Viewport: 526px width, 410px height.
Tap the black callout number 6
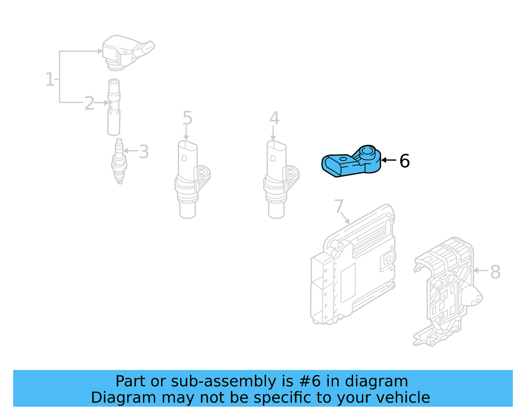404,161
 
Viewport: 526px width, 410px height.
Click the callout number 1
50,79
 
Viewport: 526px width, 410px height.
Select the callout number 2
89,103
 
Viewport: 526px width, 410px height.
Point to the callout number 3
144,152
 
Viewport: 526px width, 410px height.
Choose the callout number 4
274,118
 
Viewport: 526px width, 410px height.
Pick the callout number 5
187,118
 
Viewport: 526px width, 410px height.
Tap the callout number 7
339,206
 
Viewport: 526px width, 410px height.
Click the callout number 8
495,272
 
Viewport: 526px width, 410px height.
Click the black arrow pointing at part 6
389,160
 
